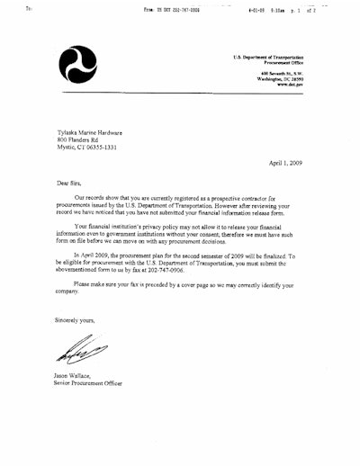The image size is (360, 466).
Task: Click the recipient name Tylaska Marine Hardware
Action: pos(92,131)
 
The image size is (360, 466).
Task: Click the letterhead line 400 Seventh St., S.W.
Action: pos(285,72)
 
